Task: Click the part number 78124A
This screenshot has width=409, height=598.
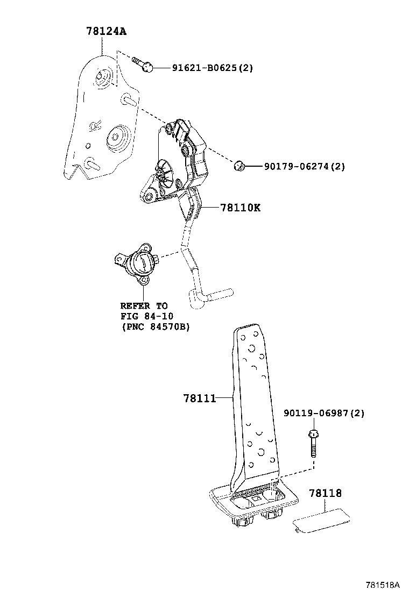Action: point(106,31)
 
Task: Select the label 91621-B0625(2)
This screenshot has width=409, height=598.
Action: point(212,68)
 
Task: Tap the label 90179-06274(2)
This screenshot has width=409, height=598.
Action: point(304,166)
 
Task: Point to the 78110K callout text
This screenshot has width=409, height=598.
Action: point(241,208)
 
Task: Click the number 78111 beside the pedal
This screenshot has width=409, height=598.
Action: point(200,398)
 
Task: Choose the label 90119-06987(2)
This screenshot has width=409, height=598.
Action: point(323,413)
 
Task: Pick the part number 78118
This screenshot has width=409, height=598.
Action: point(325,493)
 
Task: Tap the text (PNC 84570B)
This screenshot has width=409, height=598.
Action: point(156,327)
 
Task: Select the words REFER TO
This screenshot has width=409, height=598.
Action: point(144,306)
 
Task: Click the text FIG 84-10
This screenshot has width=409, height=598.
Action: point(147,316)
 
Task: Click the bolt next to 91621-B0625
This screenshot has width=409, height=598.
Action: point(143,64)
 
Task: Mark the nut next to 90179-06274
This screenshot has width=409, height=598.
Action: point(239,166)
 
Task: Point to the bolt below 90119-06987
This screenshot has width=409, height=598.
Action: point(313,443)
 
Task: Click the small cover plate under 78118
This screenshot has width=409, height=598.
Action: point(321,519)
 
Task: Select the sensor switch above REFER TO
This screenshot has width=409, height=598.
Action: point(137,262)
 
